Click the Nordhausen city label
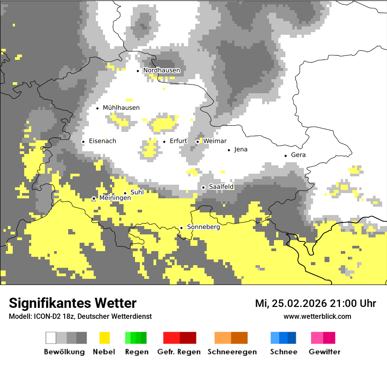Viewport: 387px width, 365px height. [x=161, y=70]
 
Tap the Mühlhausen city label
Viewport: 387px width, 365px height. [x=121, y=108]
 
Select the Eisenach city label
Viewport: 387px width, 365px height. [x=102, y=141]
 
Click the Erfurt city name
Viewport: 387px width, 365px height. [x=178, y=141]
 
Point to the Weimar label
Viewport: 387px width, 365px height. [x=215, y=141]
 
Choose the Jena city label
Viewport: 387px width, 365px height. [x=241, y=150]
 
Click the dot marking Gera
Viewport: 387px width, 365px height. [x=286, y=155]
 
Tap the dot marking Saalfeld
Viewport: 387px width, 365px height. [x=204, y=187]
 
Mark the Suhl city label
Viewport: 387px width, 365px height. [x=137, y=192]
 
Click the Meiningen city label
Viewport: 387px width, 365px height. [x=115, y=198]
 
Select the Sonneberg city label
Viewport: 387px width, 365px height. [x=203, y=227]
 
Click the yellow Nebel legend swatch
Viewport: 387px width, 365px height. [x=105, y=338]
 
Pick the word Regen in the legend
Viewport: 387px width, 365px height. [x=136, y=352]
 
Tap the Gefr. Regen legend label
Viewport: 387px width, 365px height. [x=179, y=352]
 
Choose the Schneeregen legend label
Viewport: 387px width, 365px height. [x=232, y=352]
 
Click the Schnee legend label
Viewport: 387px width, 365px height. [x=284, y=352]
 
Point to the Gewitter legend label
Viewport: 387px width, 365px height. [x=325, y=352]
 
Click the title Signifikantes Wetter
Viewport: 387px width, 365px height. [x=73, y=303]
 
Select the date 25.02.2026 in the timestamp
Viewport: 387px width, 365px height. [x=298, y=303]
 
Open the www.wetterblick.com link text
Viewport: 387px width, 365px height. [x=317, y=317]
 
